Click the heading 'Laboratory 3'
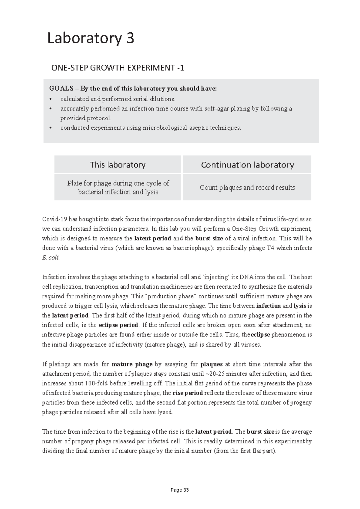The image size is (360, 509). click(x=91, y=39)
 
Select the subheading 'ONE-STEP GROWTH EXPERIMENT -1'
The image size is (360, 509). click(x=118, y=68)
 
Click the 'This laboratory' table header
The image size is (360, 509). click(x=118, y=165)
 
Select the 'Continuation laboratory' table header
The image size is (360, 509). click(x=247, y=165)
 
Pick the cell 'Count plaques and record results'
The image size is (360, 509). click(x=247, y=188)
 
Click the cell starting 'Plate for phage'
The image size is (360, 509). click(x=118, y=188)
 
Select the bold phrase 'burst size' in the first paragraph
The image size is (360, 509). click(x=209, y=239)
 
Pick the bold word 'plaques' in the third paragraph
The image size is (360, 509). click(x=211, y=364)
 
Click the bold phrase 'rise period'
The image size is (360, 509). click(x=187, y=393)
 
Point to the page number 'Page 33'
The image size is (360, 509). click(x=180, y=490)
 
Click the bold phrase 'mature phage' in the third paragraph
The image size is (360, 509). click(x=132, y=364)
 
